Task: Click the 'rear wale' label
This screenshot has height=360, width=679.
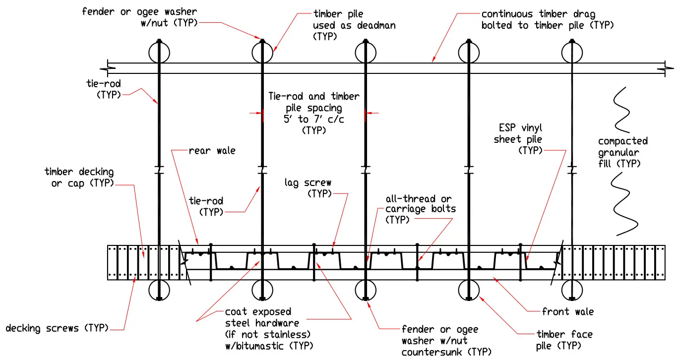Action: tap(212, 151)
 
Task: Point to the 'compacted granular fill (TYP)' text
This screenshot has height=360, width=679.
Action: tap(622, 152)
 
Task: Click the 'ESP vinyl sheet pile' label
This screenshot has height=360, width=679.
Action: tap(518, 139)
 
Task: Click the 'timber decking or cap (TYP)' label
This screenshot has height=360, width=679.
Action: tap(79, 178)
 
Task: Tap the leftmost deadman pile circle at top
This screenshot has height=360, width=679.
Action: tap(159, 52)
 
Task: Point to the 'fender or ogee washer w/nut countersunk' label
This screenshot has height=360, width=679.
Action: tap(439, 341)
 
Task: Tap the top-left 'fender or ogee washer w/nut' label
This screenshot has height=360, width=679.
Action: tap(139, 17)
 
